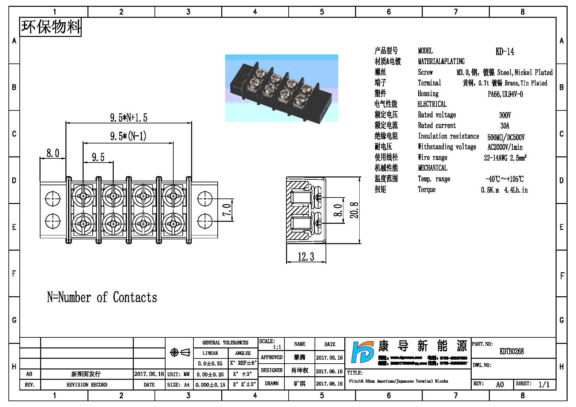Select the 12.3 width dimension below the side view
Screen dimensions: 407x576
point(306,257)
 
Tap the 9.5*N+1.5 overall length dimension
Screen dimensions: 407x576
point(129,118)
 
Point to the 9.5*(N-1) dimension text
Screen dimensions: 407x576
point(128,136)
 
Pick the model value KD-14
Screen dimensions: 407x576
point(505,51)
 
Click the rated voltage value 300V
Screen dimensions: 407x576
point(505,115)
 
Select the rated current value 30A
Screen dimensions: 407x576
point(505,126)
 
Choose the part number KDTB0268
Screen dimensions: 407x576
point(512,351)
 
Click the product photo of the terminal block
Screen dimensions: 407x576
point(282,88)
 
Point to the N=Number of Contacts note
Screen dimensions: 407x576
point(102,297)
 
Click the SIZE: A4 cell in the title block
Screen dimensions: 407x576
point(179,385)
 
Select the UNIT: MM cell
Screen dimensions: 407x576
point(179,374)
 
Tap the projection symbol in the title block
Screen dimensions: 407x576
point(180,352)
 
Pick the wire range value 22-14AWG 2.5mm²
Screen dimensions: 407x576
point(505,158)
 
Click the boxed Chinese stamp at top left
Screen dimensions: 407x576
point(51,27)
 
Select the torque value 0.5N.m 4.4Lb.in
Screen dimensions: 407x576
point(504,190)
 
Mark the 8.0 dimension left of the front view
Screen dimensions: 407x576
point(53,153)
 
